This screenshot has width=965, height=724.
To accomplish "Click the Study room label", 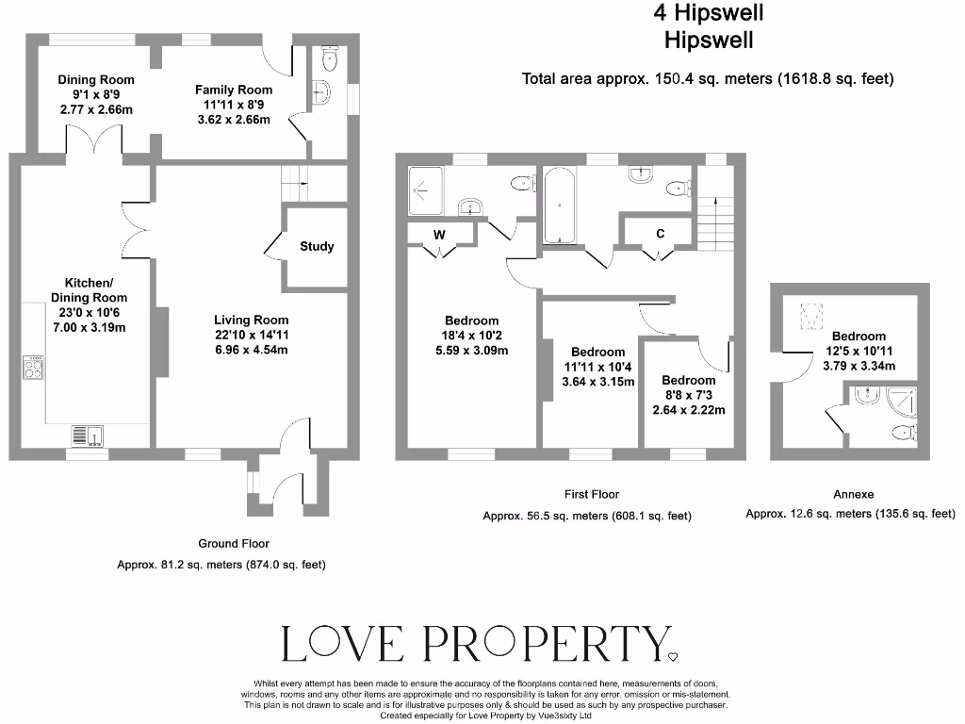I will [317, 247].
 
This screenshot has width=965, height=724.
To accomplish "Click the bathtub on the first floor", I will [559, 204].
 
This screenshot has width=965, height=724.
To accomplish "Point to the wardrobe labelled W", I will [439, 235].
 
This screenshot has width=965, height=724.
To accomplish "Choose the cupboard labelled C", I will [660, 235].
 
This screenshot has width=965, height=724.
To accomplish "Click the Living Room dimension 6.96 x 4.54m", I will [251, 350].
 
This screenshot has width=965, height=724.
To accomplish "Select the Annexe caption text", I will [854, 494].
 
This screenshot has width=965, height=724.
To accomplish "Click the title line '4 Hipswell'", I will [709, 13].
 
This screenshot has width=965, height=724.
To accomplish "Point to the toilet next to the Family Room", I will [328, 59].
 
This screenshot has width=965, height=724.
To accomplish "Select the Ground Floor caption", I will [234, 543].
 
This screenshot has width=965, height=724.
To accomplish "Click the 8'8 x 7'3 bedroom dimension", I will [688, 410].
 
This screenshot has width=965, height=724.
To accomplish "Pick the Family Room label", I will [234, 90].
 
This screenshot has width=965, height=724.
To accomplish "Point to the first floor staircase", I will [715, 216].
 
